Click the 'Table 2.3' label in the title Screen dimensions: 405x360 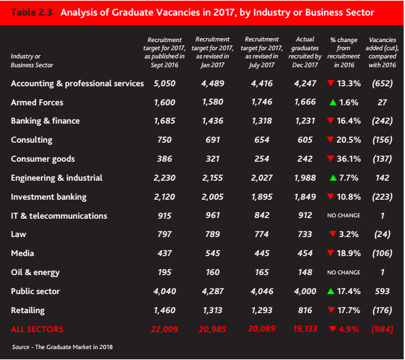click(x=31, y=12)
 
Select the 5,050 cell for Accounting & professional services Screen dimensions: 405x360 click(x=164, y=84)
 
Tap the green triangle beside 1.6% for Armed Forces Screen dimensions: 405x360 click(x=333, y=103)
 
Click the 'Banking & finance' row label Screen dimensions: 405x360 click(x=46, y=121)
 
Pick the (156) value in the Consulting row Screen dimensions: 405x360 click(x=383, y=140)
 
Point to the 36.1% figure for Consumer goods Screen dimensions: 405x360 click(x=349, y=159)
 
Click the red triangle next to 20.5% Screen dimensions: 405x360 click(x=330, y=139)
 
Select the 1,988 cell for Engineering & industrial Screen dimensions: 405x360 click(x=305, y=178)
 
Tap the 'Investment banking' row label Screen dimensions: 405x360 click(x=48, y=197)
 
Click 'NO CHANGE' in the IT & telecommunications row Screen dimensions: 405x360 click(x=344, y=215)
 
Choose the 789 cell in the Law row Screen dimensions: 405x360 click(x=213, y=234)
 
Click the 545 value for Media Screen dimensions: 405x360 click(x=213, y=253)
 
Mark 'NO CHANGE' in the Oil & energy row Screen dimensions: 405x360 click(x=344, y=272)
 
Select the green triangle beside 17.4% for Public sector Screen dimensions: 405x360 click(x=331, y=291)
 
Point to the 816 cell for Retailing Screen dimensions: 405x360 click(x=305, y=310)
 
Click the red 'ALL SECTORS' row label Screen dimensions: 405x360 click(x=37, y=329)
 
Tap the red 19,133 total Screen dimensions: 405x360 click(x=305, y=329)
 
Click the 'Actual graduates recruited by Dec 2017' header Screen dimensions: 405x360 click(x=305, y=52)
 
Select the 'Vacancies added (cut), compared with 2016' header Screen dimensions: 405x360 click(x=383, y=52)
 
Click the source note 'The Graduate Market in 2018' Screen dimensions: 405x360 click(x=74, y=347)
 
